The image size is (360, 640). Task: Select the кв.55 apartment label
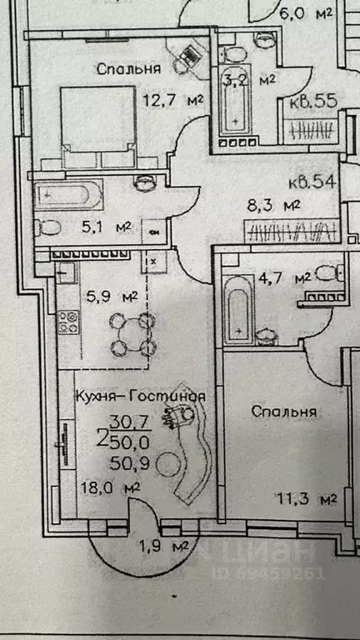click(x=312, y=103)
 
